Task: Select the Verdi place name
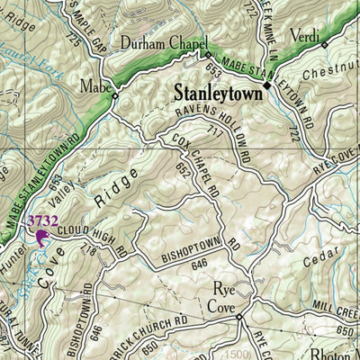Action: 303,36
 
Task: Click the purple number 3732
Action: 41,220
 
